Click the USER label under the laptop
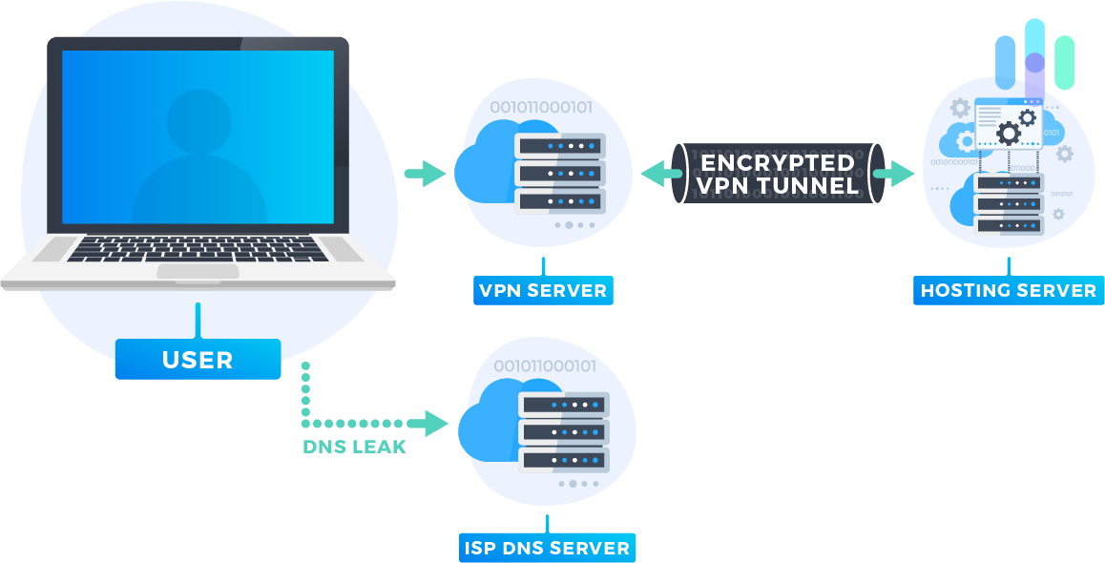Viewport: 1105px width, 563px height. click(198, 360)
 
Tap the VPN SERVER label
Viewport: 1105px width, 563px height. click(543, 290)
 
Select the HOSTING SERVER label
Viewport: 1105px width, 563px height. click(1009, 290)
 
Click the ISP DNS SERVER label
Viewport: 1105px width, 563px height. click(548, 547)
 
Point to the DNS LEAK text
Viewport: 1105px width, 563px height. click(355, 447)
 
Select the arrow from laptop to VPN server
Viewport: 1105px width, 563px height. click(425, 174)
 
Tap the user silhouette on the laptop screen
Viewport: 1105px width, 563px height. click(198, 157)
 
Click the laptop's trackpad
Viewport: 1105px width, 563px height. click(198, 271)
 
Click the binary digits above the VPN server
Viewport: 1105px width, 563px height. click(540, 108)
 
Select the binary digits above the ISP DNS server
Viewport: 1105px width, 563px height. click(544, 366)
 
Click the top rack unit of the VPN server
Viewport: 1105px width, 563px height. click(559, 146)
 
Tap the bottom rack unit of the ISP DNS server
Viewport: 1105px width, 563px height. click(563, 459)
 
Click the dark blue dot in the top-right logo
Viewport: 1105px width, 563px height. click(1034, 63)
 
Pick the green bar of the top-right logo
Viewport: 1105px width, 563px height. click(1064, 63)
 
